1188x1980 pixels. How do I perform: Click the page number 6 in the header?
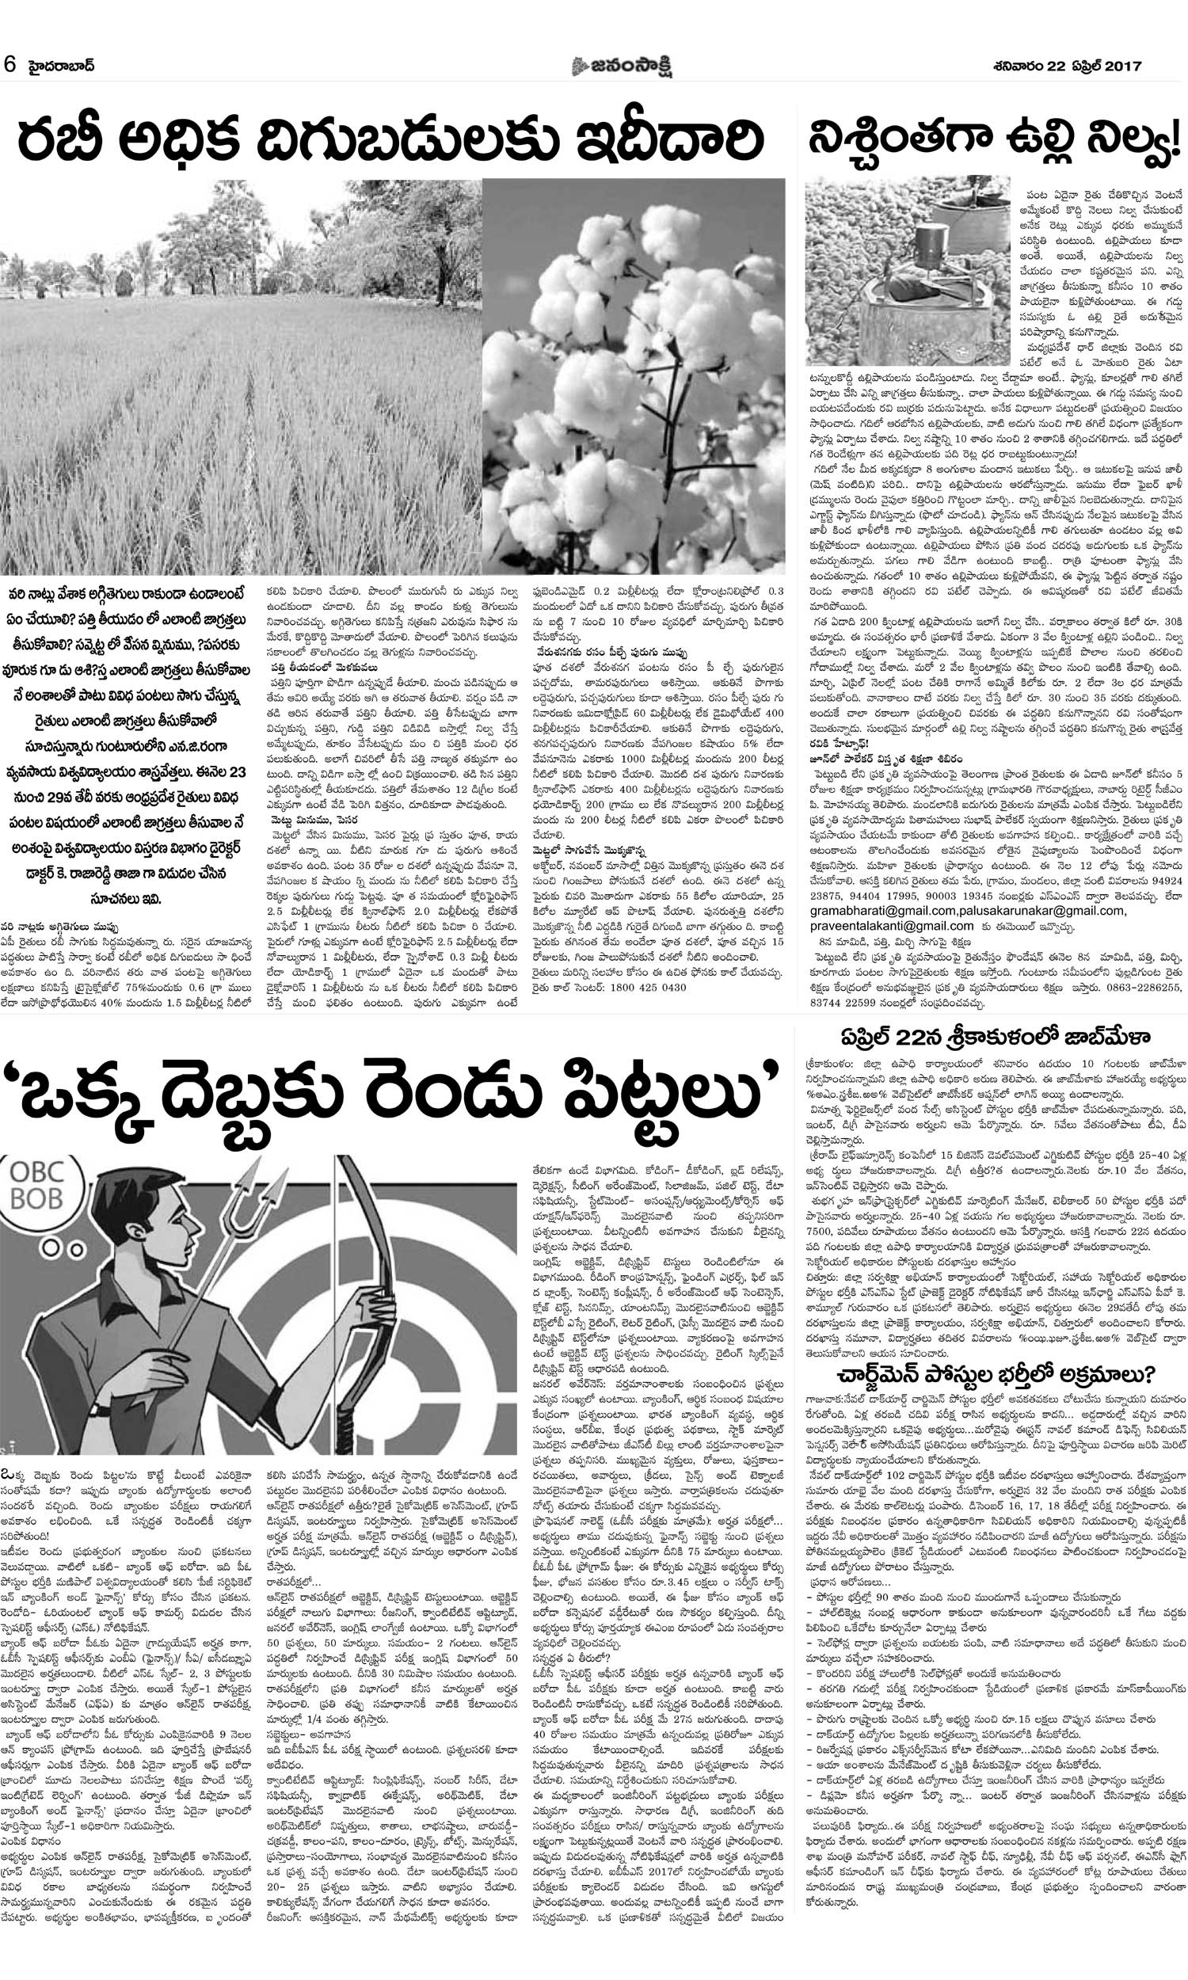pyautogui.click(x=10, y=64)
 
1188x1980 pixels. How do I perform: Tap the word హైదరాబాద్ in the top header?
pyautogui.click(x=60, y=65)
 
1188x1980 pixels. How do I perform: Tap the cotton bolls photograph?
pyautogui.click(x=634, y=376)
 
